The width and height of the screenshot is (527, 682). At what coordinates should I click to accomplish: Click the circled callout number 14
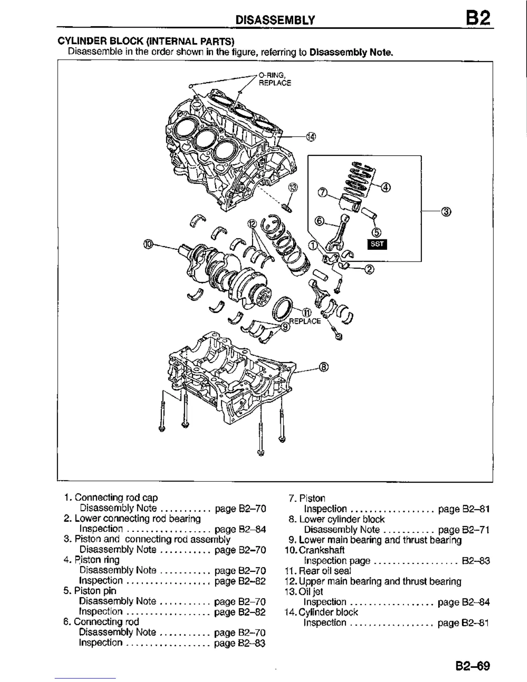pos(311,137)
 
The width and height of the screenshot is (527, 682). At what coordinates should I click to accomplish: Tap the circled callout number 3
pos(446,211)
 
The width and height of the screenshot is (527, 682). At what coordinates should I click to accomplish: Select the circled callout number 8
pos(324,367)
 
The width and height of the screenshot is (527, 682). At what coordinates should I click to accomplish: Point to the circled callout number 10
pos(148,244)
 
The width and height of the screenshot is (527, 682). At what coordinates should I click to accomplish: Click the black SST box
pos(377,245)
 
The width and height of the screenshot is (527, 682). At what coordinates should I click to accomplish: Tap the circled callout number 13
pos(293,187)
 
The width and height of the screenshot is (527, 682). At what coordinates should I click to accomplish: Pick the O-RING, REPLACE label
pos(275,79)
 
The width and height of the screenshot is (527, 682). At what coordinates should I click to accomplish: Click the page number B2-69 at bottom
pos(473,666)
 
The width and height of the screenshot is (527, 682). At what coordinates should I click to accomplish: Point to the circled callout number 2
pos(369,270)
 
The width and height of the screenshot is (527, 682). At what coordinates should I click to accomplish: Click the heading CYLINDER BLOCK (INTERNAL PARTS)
pos(146,41)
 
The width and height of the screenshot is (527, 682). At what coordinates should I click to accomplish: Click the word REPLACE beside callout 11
pos(305,321)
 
